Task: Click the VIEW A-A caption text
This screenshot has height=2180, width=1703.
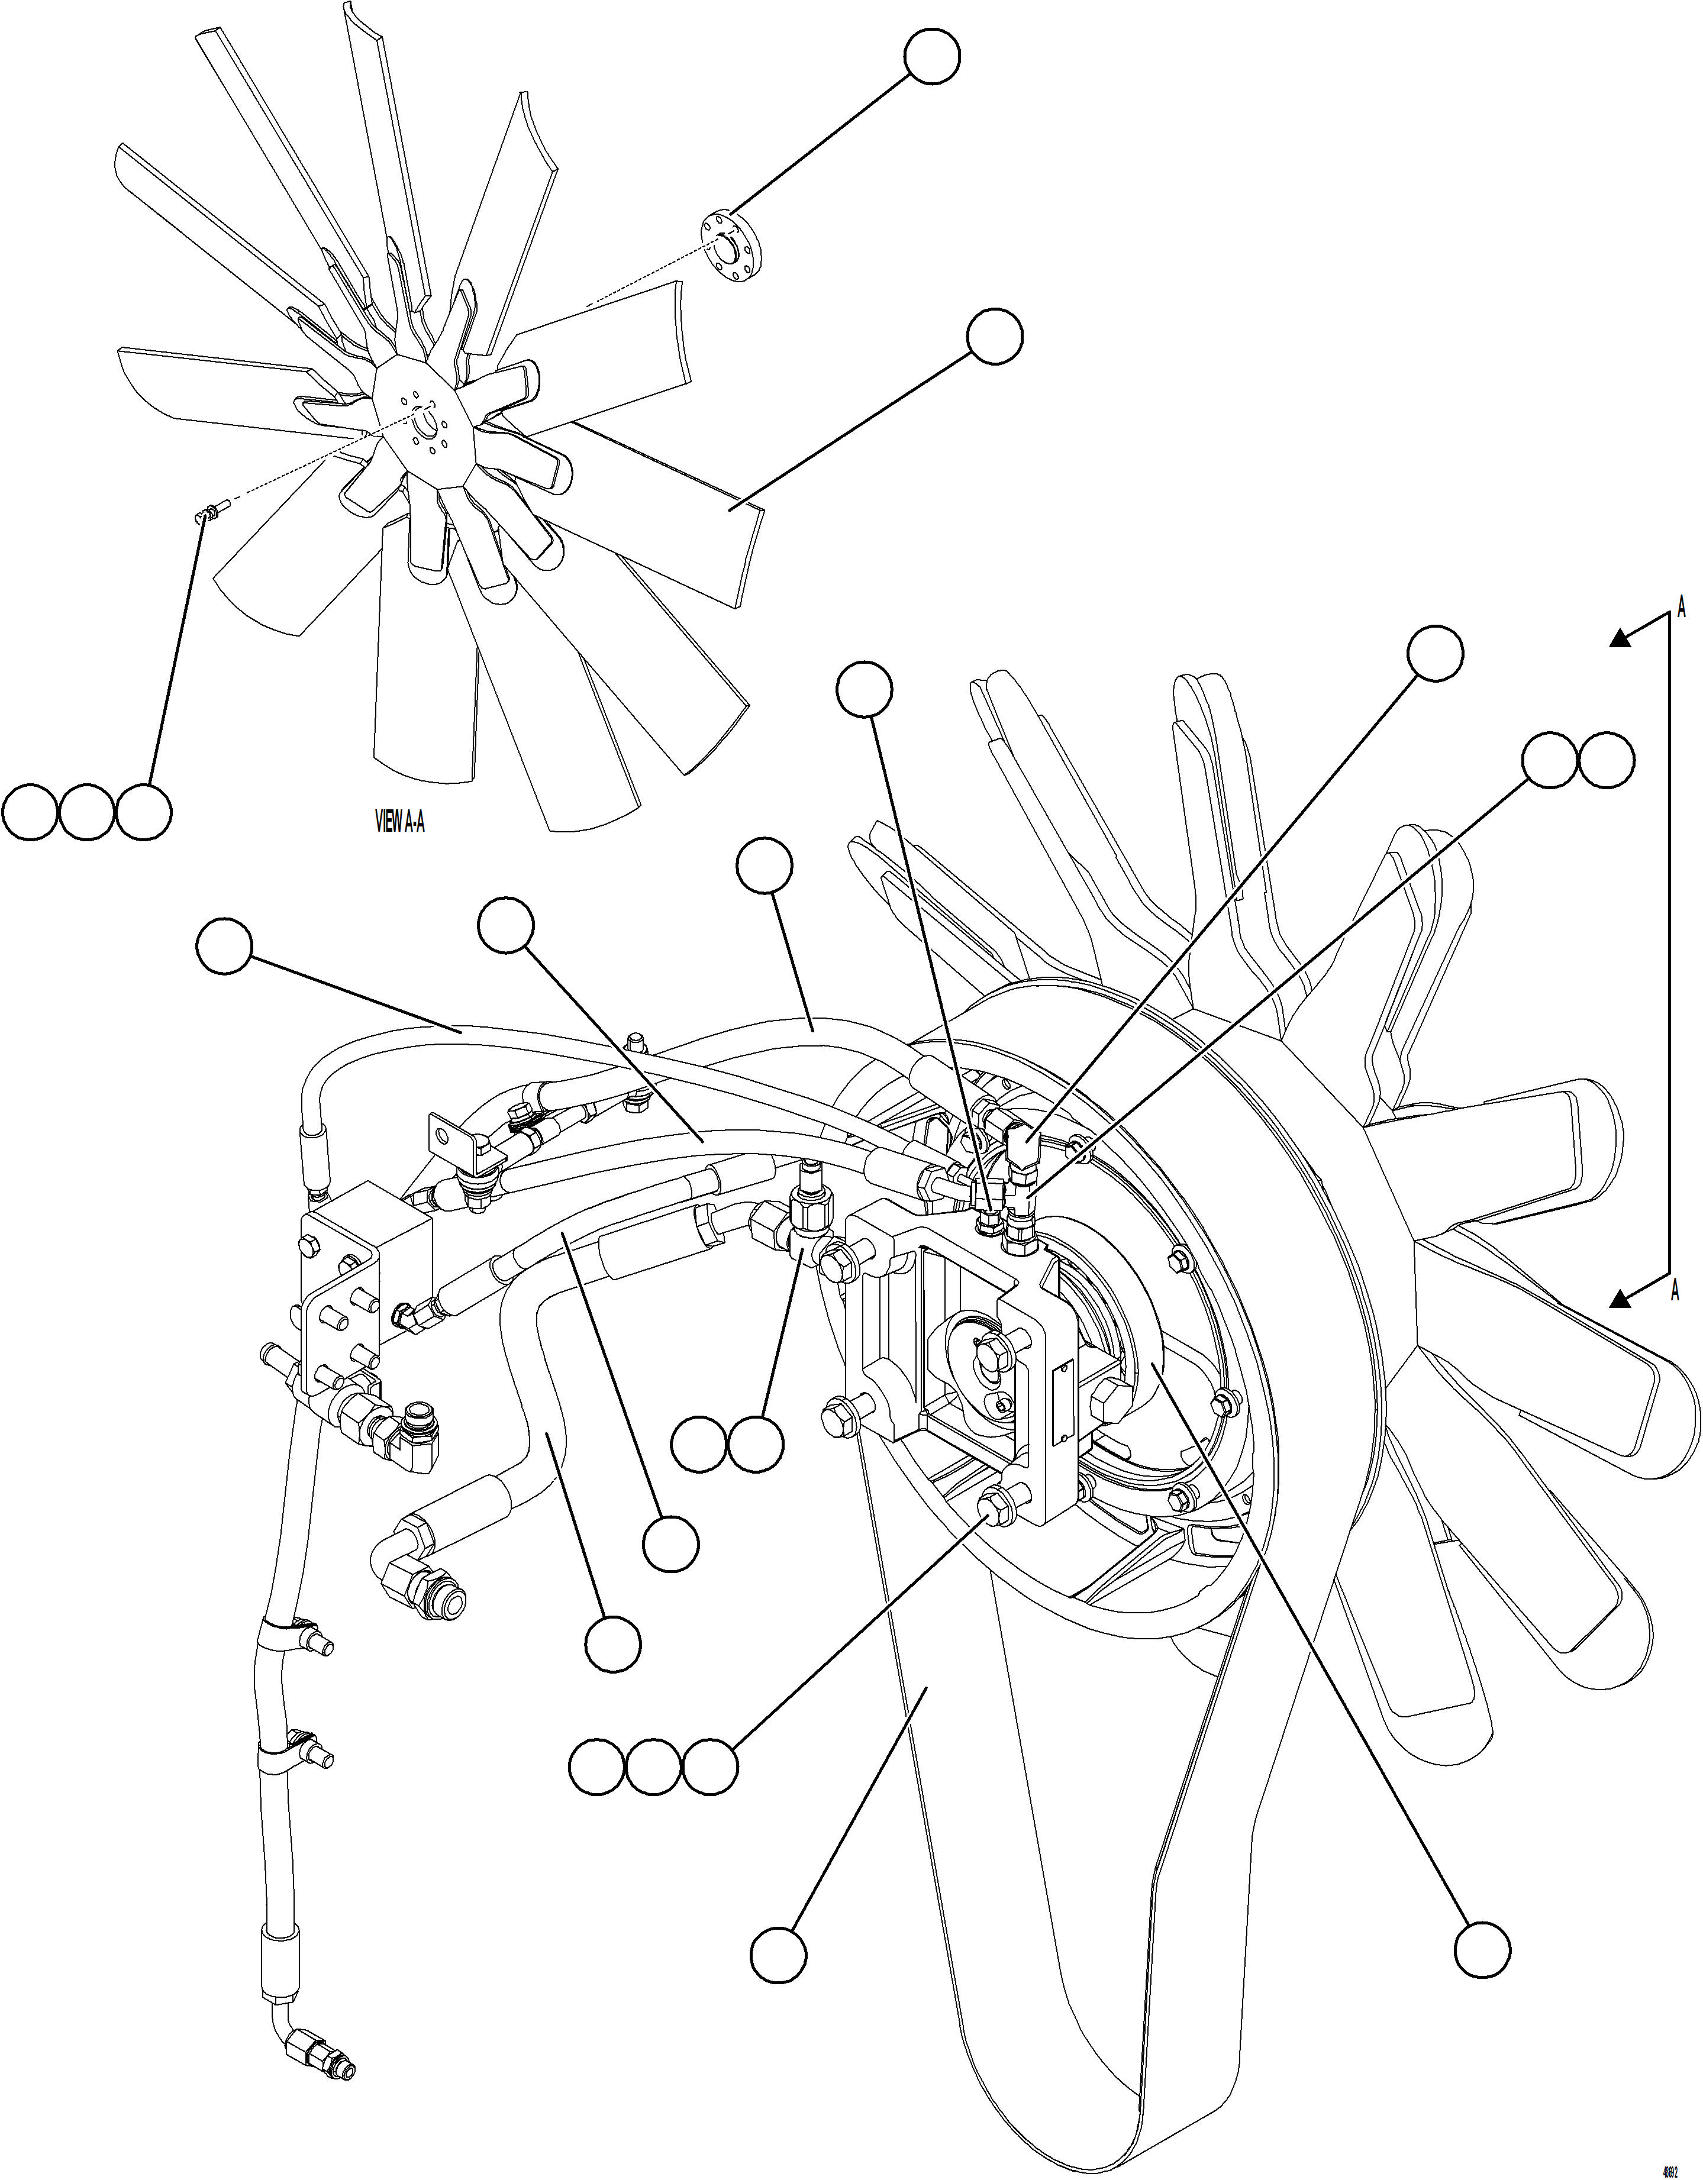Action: click(x=399, y=822)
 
